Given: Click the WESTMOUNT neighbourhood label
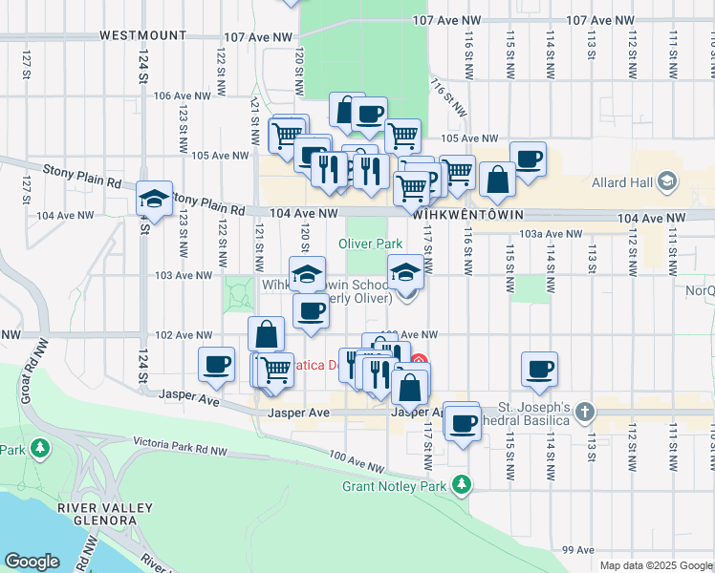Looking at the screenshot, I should click(143, 35).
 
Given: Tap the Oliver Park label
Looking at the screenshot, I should click(370, 244).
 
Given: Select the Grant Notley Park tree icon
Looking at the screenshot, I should click(462, 485).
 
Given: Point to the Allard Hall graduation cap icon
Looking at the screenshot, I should click(667, 180).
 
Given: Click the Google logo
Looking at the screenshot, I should click(32, 562).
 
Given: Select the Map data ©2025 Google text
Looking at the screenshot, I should click(656, 565).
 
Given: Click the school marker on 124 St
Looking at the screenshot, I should click(154, 200).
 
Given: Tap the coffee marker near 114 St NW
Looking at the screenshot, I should click(539, 370).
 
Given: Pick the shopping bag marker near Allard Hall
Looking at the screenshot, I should click(497, 179).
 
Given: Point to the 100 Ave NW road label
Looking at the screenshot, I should click(355, 462).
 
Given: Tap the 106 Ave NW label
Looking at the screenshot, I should click(181, 95).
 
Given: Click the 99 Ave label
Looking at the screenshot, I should click(579, 550).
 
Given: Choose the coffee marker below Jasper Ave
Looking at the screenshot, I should click(463, 423).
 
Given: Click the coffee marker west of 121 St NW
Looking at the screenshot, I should click(217, 364).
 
